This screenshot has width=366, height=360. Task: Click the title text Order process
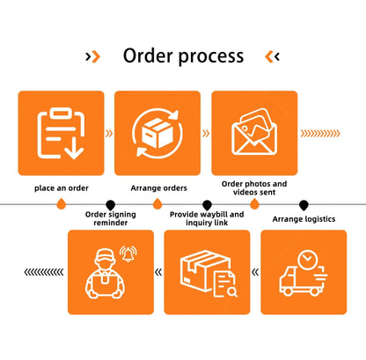[x=183, y=55]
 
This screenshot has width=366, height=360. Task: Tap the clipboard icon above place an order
[x=61, y=133]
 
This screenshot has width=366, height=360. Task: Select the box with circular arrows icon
[x=157, y=133]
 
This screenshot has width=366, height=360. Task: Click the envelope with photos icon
[x=254, y=132]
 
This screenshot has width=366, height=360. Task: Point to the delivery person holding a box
[x=105, y=274]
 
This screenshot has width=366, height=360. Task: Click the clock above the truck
[x=307, y=260]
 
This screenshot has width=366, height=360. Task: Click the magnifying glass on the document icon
[x=232, y=292]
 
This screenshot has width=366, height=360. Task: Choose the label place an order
[x=62, y=188]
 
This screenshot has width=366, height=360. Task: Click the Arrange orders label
[x=158, y=188]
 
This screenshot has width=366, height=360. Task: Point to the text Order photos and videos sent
[x=254, y=188]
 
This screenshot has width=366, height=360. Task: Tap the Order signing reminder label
[x=111, y=218]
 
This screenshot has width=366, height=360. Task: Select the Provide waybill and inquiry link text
[x=207, y=218]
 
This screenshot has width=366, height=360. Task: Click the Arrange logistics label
[x=304, y=219]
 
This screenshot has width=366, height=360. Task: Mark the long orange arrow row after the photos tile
[x=320, y=134]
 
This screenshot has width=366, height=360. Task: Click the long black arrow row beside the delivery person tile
[x=44, y=272]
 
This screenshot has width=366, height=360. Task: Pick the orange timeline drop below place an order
[x=61, y=204]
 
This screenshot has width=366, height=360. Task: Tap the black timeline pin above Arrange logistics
[x=304, y=205]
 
